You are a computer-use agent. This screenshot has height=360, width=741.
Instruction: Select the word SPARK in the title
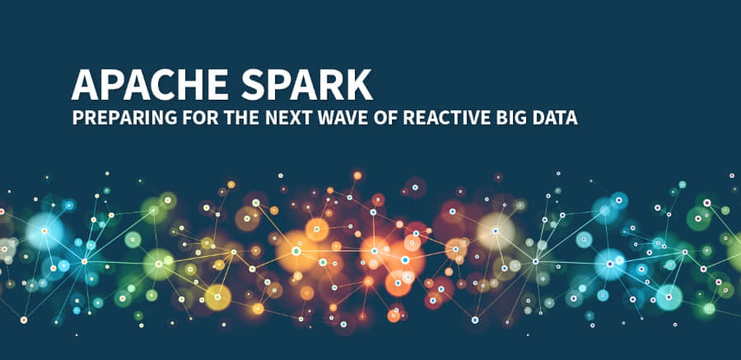307,84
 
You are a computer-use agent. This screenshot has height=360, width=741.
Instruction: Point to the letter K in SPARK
359,84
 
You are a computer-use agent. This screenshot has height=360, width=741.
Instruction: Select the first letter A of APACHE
85,84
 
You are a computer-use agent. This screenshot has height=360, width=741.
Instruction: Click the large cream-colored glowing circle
496,231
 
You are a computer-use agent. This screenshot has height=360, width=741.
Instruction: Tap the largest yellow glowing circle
218,297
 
